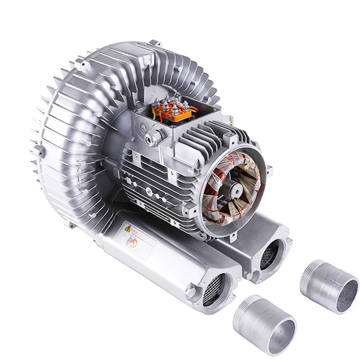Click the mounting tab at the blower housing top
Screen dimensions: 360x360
tap(155, 44)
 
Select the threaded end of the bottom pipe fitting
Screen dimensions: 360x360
tap(245, 306)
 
